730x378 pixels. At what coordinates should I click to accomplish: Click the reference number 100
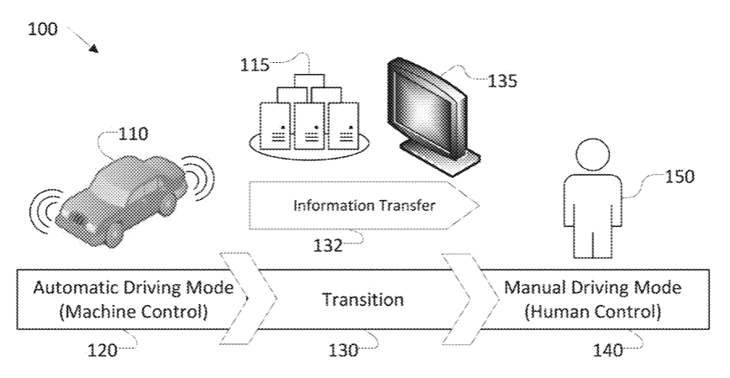click(x=42, y=29)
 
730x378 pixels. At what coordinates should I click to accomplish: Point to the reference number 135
click(x=502, y=81)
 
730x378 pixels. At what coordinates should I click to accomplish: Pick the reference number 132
click(x=327, y=245)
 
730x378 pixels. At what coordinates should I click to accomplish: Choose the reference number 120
click(x=104, y=351)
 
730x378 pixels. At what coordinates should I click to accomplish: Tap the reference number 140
click(x=608, y=351)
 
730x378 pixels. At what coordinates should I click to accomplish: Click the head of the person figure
click(x=592, y=155)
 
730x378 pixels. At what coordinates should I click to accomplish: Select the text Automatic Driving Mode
click(x=134, y=288)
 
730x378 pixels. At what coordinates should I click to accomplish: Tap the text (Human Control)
click(x=593, y=312)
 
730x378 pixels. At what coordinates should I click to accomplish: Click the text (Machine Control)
click(x=134, y=312)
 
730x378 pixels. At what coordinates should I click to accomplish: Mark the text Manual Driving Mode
click(x=593, y=288)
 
